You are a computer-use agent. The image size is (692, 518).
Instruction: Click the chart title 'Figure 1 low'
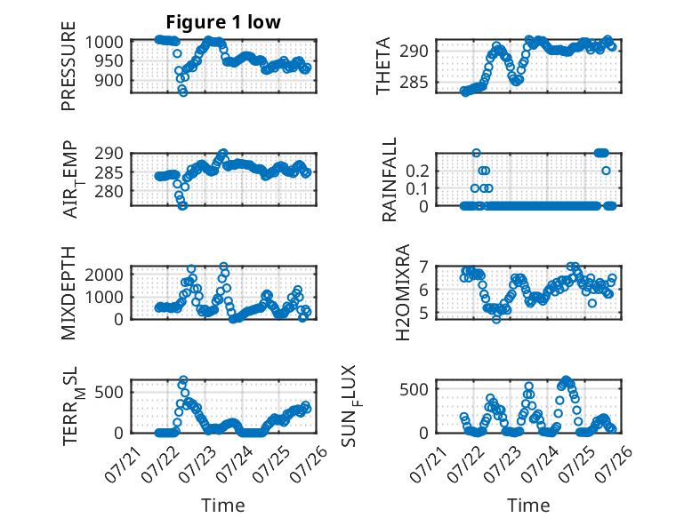click(223, 22)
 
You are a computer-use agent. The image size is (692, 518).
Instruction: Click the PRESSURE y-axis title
click(68, 66)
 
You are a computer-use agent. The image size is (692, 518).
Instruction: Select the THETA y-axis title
click(383, 66)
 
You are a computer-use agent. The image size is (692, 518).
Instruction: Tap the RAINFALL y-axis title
click(390, 179)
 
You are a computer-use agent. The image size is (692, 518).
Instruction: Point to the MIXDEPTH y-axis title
click(68, 292)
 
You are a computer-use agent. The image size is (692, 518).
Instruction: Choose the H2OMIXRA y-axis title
click(403, 292)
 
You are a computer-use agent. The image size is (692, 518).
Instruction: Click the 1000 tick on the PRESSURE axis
click(104, 43)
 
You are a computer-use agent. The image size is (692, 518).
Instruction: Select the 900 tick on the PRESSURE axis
click(109, 81)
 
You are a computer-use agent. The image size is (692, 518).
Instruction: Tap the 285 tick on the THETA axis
click(414, 82)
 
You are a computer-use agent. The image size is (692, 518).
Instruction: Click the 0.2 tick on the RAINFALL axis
click(417, 171)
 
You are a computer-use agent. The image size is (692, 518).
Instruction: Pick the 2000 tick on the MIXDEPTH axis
click(104, 275)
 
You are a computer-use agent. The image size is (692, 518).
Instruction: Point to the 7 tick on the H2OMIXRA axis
click(424, 267)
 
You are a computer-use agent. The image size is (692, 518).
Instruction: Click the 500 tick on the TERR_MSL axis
click(109, 392)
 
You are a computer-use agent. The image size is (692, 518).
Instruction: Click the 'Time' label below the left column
click(223, 506)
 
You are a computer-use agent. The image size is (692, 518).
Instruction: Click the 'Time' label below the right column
click(528, 506)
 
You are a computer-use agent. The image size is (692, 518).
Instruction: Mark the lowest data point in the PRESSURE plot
click(183, 92)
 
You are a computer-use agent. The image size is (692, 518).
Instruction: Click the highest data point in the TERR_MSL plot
click(183, 379)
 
